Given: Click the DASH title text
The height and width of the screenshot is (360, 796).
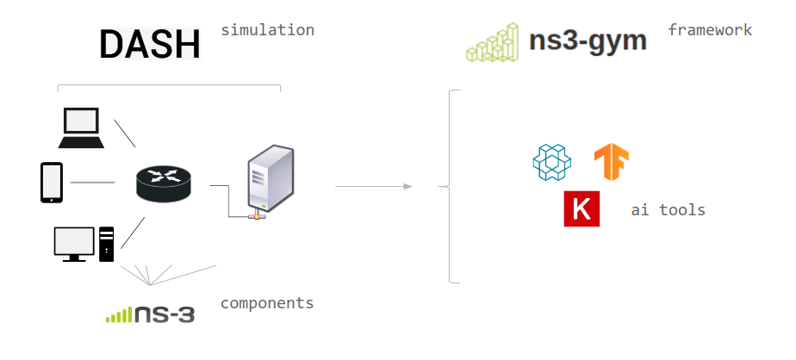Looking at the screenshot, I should pos(150,44).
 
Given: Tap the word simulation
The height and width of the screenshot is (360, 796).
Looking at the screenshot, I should pos(267,30).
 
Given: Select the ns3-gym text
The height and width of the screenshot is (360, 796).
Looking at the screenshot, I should pos(588,40).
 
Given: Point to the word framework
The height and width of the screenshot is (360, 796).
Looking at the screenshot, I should pos(710,30).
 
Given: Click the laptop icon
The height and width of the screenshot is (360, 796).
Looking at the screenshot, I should pos(81,128).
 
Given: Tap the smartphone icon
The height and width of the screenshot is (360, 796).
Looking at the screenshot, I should pos(52,182).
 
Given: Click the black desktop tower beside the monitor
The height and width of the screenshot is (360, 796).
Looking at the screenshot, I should pos(106,244).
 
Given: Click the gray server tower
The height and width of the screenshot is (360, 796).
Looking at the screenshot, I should pos(269,179).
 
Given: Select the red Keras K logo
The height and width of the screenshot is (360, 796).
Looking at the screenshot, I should pos(581,209).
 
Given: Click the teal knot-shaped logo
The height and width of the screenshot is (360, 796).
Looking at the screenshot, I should pos(552,163).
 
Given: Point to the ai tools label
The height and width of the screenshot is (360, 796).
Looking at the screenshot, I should pos(668,209).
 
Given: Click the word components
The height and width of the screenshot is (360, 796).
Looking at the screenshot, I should pos(267,303).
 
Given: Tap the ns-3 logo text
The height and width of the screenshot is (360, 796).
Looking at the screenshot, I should pos(163,314).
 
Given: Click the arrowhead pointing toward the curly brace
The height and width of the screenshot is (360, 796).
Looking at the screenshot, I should pos(407,186).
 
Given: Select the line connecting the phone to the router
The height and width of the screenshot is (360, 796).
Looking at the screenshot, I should pos(92,182).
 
